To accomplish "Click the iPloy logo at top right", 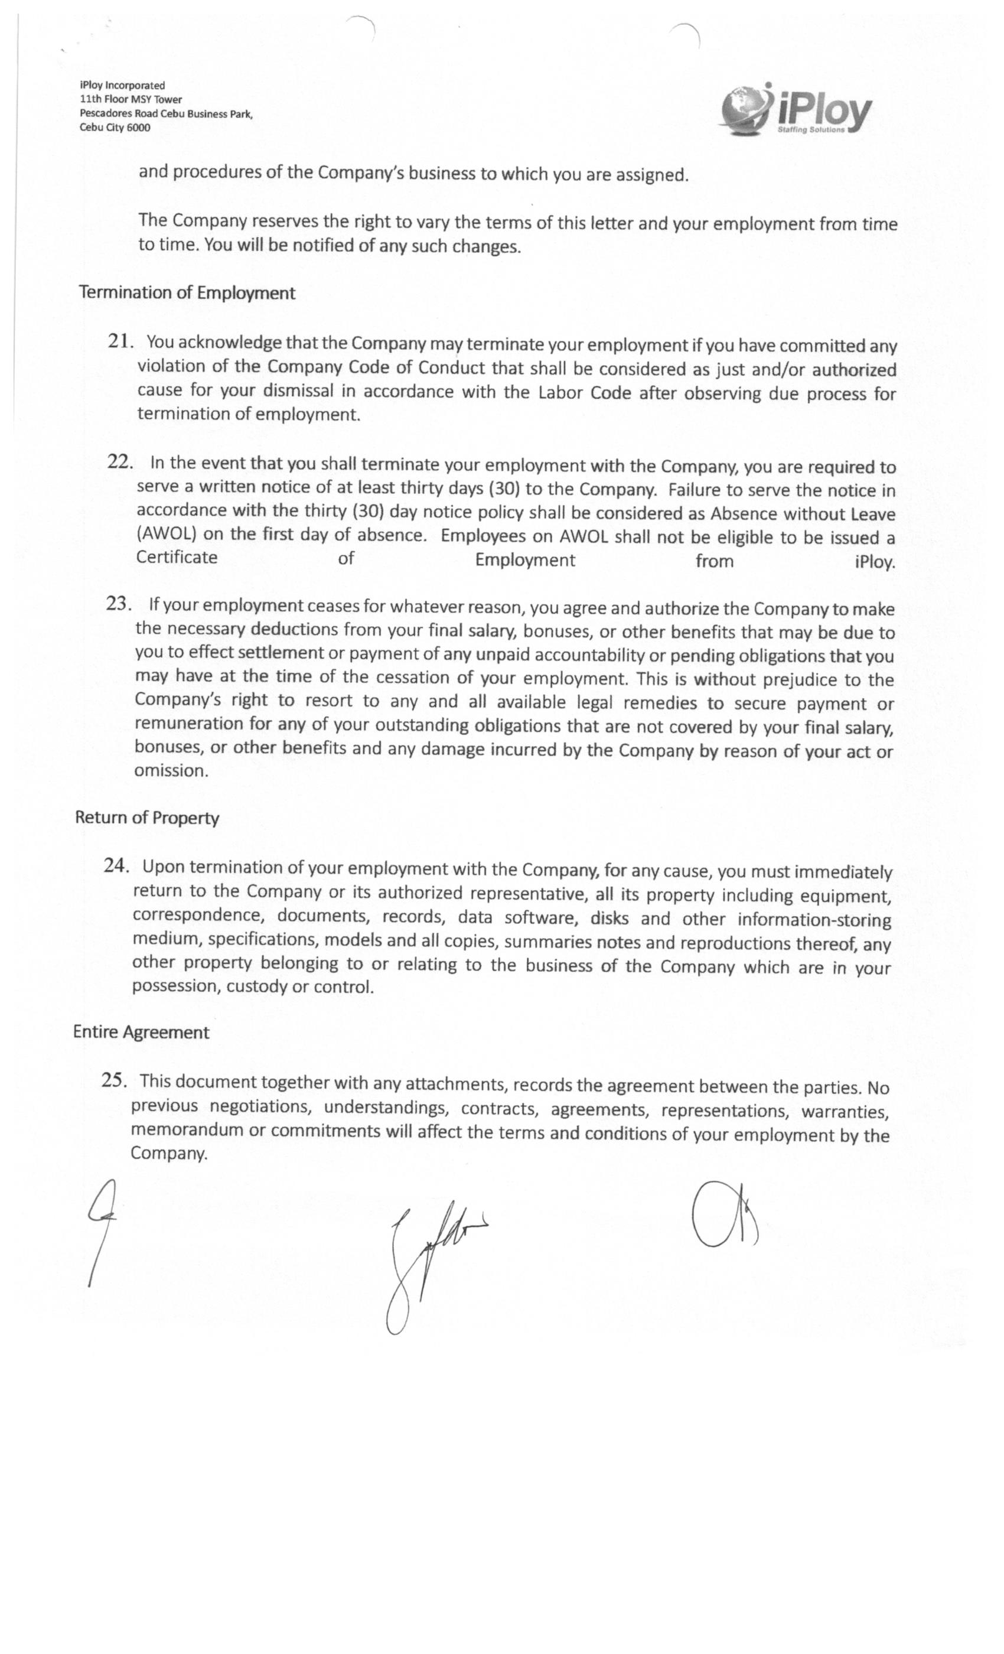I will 796,109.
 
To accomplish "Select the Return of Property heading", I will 147,818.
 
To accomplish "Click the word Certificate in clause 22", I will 177,557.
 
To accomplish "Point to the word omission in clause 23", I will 171,771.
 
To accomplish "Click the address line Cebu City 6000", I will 115,128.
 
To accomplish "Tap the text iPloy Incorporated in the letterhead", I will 122,85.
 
